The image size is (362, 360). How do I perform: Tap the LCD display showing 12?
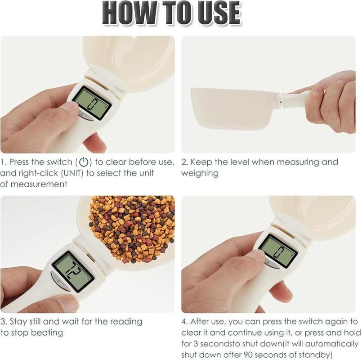click(72, 271)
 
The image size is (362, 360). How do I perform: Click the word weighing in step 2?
click(200, 173)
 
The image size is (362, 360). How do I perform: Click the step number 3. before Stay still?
click(4, 322)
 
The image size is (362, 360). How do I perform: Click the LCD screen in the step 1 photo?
click(92, 103)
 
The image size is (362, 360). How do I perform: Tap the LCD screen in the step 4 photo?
click(278, 251)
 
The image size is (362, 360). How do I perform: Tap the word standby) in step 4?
click(314, 355)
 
